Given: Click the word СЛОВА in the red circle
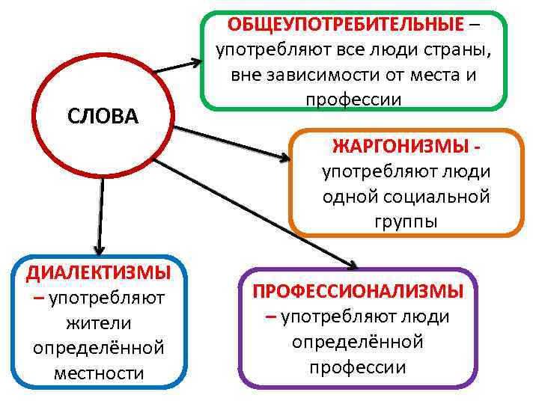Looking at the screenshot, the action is [x=103, y=116].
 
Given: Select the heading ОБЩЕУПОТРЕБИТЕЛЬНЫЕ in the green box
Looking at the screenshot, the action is [x=345, y=24].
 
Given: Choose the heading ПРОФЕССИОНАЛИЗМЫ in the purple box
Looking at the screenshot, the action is [x=357, y=290].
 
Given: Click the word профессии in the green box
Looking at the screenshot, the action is [x=353, y=100].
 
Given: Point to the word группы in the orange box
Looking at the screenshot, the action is [x=406, y=221].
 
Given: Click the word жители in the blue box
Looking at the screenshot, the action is [x=98, y=322].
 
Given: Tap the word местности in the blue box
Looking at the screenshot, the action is [x=98, y=372].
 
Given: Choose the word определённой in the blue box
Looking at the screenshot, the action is [x=98, y=347].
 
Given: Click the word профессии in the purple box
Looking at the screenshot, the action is [x=357, y=367].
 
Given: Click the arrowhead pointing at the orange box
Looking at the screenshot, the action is [x=284, y=158].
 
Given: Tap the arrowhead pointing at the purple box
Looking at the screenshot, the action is [x=350, y=263].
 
